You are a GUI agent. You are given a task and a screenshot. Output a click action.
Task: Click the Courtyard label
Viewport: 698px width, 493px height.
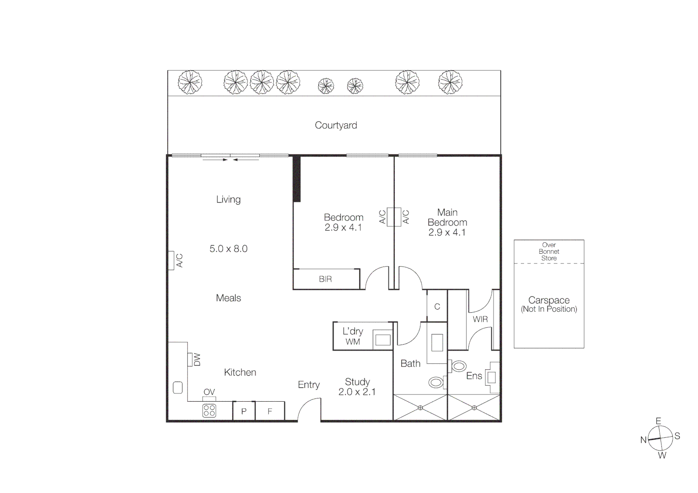pos(336,125)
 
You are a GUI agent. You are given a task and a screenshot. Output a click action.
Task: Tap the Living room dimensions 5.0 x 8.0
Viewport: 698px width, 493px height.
pos(228,249)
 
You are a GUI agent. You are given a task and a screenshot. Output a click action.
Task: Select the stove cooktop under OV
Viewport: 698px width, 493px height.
pos(209,411)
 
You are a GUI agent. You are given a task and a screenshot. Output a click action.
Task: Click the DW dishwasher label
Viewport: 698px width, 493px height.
pos(197,360)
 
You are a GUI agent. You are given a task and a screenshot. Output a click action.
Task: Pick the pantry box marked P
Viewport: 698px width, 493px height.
pos(244,411)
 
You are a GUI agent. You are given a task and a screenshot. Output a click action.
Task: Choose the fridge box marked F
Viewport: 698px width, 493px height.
pos(270,411)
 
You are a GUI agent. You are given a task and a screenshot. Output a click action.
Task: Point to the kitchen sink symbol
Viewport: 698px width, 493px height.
pos(178,388)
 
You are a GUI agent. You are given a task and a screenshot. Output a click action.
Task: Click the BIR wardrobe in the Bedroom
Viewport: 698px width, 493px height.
pos(325,279)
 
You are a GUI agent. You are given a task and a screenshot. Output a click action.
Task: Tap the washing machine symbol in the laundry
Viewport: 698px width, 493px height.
pos(383,340)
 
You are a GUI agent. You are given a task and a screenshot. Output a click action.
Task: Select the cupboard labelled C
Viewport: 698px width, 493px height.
pos(437,306)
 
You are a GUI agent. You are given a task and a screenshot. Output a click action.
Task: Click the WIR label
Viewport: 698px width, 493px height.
pos(480,319)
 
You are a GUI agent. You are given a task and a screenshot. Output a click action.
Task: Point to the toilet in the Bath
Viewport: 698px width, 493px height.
pos(436,382)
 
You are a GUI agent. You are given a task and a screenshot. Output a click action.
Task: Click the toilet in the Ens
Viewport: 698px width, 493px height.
pos(458,366)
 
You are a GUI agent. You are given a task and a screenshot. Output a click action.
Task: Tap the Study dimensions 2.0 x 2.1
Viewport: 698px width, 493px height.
pos(357,392)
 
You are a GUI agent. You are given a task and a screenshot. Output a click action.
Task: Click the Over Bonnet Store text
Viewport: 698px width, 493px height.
pos(549,252)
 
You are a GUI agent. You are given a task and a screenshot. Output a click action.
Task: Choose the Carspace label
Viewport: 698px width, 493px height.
pos(549,300)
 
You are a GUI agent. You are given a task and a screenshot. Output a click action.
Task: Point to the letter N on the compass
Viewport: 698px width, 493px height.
pos(643,440)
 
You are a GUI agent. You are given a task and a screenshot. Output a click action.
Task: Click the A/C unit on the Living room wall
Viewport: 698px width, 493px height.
pos(171,261)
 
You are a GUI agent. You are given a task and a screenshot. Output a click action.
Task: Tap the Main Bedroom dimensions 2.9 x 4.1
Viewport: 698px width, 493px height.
pos(447,232)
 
